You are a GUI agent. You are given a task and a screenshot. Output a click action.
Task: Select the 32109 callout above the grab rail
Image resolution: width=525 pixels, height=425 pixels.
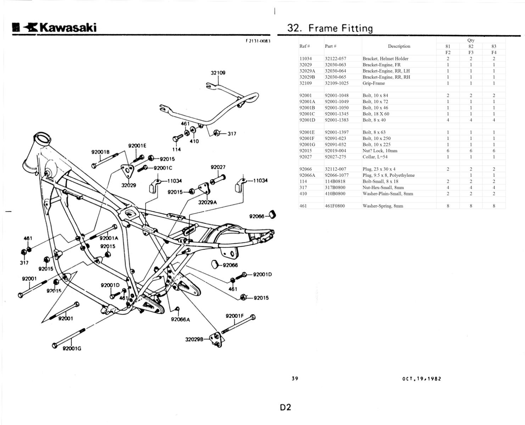coord(218,73)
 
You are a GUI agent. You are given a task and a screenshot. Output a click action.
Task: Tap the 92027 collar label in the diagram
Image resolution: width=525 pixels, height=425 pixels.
coord(218,167)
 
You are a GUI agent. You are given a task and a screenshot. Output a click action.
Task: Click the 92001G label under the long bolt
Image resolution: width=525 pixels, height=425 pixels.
coord(72,348)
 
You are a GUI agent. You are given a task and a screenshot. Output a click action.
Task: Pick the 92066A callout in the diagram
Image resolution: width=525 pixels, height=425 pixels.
coord(180,319)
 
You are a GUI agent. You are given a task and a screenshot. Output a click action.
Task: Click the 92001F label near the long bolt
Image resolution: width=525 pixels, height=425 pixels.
coord(235,316)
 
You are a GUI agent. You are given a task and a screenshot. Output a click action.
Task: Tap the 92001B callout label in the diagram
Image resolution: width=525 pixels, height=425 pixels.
coord(101,152)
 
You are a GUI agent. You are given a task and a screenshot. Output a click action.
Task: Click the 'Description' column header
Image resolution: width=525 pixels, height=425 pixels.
coord(399,46)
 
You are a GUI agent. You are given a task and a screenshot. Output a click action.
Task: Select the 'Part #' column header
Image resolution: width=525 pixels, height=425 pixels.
coord(330,46)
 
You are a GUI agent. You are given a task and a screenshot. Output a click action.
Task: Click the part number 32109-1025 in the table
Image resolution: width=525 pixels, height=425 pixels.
coord(336,83)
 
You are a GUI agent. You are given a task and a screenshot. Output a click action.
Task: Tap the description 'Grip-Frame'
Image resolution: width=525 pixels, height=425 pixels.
coord(373,83)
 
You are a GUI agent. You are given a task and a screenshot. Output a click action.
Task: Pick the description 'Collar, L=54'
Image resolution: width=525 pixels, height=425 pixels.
coord(375,157)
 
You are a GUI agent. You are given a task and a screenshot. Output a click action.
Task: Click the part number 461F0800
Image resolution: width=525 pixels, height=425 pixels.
coord(335,206)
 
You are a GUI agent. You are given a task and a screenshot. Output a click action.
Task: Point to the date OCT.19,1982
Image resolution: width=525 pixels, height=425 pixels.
coord(422,379)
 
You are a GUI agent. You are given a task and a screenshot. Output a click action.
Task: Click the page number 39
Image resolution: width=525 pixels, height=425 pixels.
coord(295,379)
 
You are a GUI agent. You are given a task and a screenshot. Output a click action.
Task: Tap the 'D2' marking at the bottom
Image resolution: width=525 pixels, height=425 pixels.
coord(285,407)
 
